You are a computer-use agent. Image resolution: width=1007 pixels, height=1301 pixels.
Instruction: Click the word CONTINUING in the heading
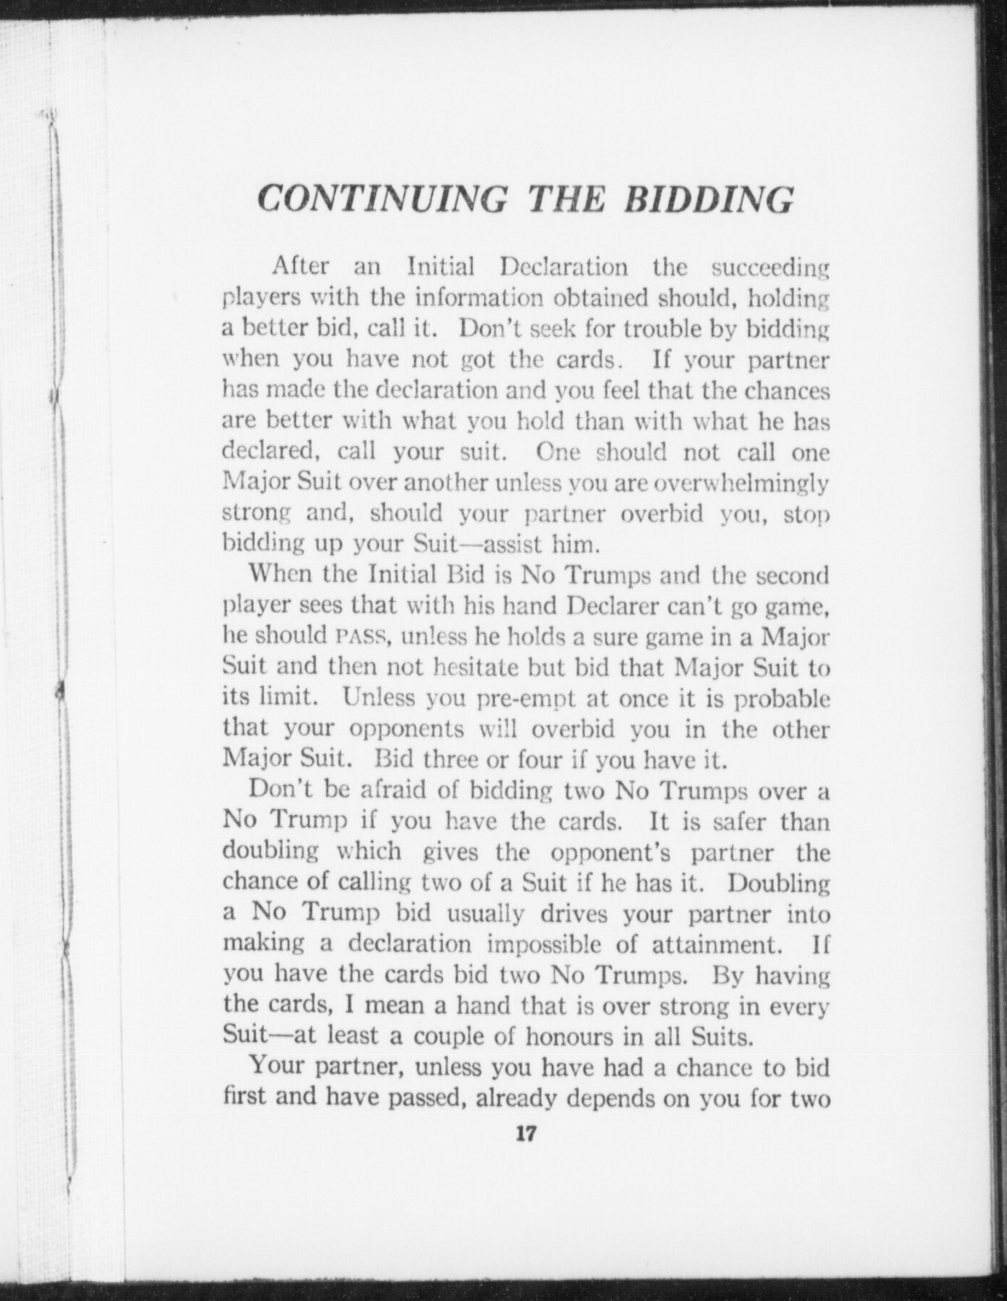[381, 197]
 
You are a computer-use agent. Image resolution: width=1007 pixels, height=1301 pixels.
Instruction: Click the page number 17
[524, 1133]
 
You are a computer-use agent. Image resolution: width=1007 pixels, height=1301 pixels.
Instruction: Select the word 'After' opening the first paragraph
[301, 266]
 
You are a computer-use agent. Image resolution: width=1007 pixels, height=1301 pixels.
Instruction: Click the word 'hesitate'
[476, 667]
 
